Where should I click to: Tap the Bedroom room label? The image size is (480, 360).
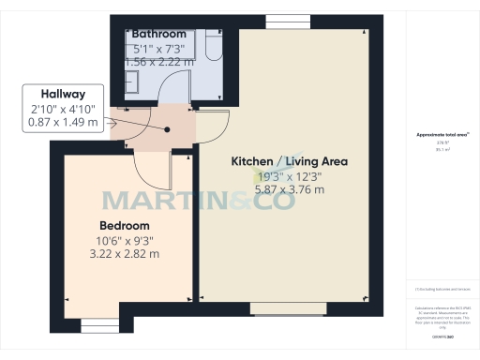pos(125,226)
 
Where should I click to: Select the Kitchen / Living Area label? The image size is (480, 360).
pos(290,161)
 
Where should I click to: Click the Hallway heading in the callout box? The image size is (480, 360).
pos(63,95)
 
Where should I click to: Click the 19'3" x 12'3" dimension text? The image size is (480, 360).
pos(291,175)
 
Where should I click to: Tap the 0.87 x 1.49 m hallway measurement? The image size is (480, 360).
pos(63,124)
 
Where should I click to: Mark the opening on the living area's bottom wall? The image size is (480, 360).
pos(288,307)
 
